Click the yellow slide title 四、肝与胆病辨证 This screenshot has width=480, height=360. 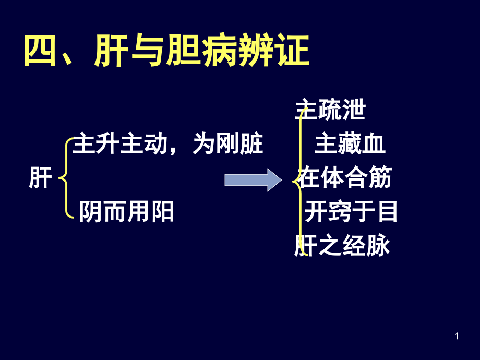click(x=167, y=51)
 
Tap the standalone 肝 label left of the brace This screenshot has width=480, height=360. click(x=40, y=178)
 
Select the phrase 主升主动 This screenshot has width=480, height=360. click(x=119, y=143)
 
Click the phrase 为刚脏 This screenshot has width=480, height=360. click(x=227, y=143)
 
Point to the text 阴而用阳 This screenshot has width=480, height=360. click(x=126, y=211)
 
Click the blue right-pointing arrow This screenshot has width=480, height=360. click(x=253, y=179)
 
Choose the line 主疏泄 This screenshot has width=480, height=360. click(x=330, y=109)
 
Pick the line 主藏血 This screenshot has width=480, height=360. click(x=350, y=143)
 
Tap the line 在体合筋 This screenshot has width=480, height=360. click(x=345, y=177)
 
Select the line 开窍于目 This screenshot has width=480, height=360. click(x=351, y=211)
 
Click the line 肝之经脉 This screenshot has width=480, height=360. click(x=342, y=245)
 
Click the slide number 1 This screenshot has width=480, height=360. click(x=457, y=336)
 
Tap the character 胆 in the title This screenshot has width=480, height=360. click(x=183, y=51)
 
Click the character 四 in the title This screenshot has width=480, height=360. click(x=40, y=51)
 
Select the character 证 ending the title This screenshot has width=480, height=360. click(x=293, y=51)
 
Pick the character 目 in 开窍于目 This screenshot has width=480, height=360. click(x=388, y=211)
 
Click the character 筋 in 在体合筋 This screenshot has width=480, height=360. click(x=380, y=177)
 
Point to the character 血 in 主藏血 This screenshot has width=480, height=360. click(x=374, y=143)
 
